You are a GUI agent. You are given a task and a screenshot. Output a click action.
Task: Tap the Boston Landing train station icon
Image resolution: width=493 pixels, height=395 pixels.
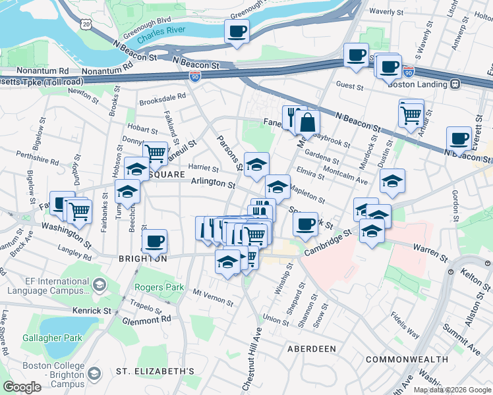[x=455, y=84]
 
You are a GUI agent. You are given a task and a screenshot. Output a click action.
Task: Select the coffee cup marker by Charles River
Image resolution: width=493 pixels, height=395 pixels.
[x=237, y=31]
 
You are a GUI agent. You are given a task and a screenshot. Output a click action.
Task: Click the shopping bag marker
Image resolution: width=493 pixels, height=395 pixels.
[x=307, y=121]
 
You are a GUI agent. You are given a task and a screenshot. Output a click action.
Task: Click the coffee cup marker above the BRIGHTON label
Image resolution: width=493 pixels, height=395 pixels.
[x=155, y=241]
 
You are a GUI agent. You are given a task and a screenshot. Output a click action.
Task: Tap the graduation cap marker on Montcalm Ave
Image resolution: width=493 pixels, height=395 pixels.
[x=392, y=180]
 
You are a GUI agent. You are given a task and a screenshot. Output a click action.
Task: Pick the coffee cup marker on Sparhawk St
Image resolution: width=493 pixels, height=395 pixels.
[x=305, y=224]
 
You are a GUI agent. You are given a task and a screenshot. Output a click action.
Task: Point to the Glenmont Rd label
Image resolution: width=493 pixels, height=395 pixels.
[x=146, y=319]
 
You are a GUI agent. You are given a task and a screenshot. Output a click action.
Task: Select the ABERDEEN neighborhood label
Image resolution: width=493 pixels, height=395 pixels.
[x=312, y=348]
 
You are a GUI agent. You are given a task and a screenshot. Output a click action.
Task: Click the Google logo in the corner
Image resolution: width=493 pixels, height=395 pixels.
[x=22, y=387]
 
